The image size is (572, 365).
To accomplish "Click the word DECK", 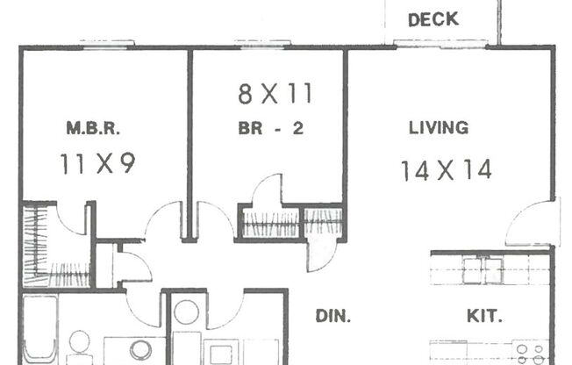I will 433,19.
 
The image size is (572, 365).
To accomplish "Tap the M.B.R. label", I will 93,129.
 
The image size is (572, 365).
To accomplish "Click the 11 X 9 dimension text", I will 97,163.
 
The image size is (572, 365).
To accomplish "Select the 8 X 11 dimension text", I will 275,92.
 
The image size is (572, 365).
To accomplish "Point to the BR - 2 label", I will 271,128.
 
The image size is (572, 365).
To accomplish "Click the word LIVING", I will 438,128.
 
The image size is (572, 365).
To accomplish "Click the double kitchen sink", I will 483,270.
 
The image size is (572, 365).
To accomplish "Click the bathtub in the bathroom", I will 39,329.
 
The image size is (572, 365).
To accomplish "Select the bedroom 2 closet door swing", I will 266,193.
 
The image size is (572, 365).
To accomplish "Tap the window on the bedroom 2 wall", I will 263,43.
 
